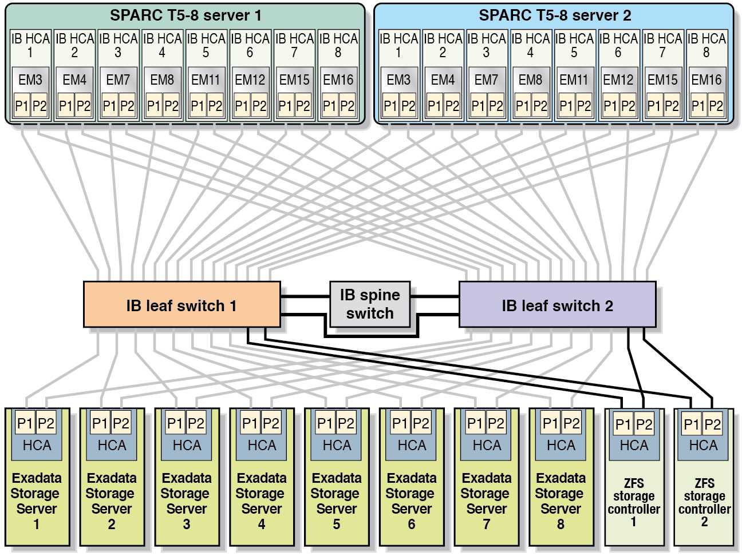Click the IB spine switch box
pos(370,304)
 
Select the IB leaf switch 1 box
pos(181,305)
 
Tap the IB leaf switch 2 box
pos(557,305)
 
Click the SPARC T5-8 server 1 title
pos(185,15)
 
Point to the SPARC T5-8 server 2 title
pos(554,15)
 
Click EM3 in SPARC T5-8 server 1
pos(30,80)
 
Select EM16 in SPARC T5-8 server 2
pos(707,80)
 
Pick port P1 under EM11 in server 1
pos(198,106)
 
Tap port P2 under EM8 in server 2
pos(539,106)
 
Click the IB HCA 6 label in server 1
pos(250,45)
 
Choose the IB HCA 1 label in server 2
pos(398,45)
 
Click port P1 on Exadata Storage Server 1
pos(25,423)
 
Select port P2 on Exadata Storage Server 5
pos(346,423)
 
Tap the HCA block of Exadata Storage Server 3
pos(187,445)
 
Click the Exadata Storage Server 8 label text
pos(561,501)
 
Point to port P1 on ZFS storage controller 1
pos(623,424)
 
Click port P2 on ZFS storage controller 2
pos(712,424)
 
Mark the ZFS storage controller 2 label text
pos(704,502)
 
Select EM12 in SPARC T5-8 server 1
pos(250,80)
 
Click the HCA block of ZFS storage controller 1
pos(634,446)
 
